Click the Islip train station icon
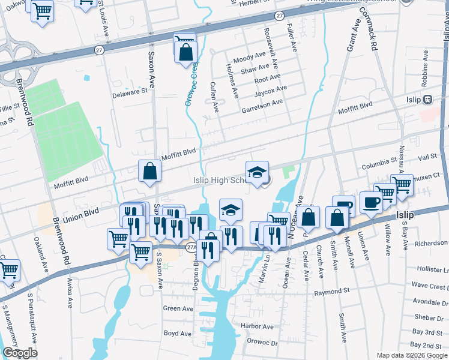[x=428, y=100]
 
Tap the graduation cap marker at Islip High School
[x=257, y=172]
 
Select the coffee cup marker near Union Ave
[x=371, y=203]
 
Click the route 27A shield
[x=191, y=247]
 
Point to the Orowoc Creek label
[x=191, y=85]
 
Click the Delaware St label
[x=130, y=93]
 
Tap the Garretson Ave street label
[x=262, y=103]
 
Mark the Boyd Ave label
[x=178, y=333]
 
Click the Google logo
[x=20, y=353]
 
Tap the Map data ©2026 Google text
[x=411, y=355]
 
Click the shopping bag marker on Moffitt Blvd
[x=149, y=171]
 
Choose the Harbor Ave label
[x=257, y=326]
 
